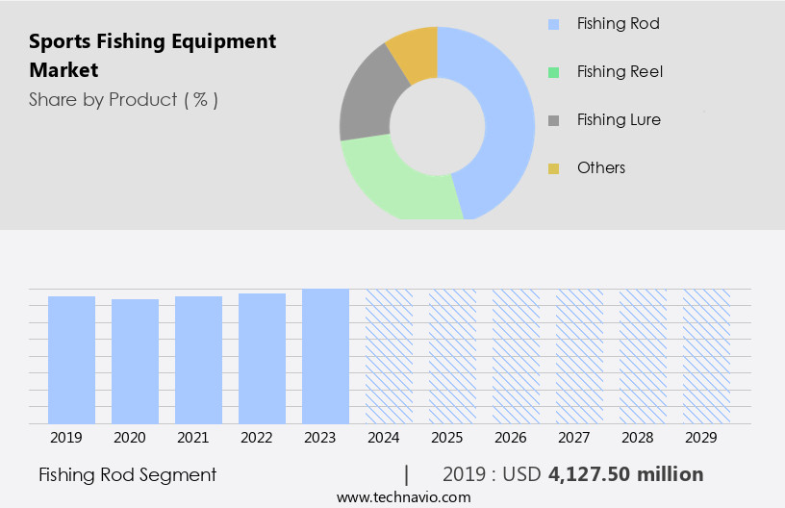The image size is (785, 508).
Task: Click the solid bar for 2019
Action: coord(71,360)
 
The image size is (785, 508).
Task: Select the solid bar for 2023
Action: coord(325,356)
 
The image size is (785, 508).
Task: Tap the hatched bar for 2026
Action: coord(516,356)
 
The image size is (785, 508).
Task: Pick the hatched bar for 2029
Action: coord(706,356)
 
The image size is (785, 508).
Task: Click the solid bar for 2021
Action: coord(198,360)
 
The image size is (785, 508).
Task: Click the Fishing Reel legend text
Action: coord(620,71)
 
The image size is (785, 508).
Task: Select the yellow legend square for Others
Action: coord(553,168)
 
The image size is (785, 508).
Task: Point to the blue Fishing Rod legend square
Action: coord(553,24)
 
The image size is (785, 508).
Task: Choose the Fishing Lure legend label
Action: coord(619,119)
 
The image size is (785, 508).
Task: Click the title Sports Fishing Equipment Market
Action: coord(152,55)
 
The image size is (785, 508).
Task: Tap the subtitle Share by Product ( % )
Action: coord(123,99)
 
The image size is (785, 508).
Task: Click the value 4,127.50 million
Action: coord(626,474)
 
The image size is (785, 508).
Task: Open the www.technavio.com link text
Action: coord(403,496)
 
